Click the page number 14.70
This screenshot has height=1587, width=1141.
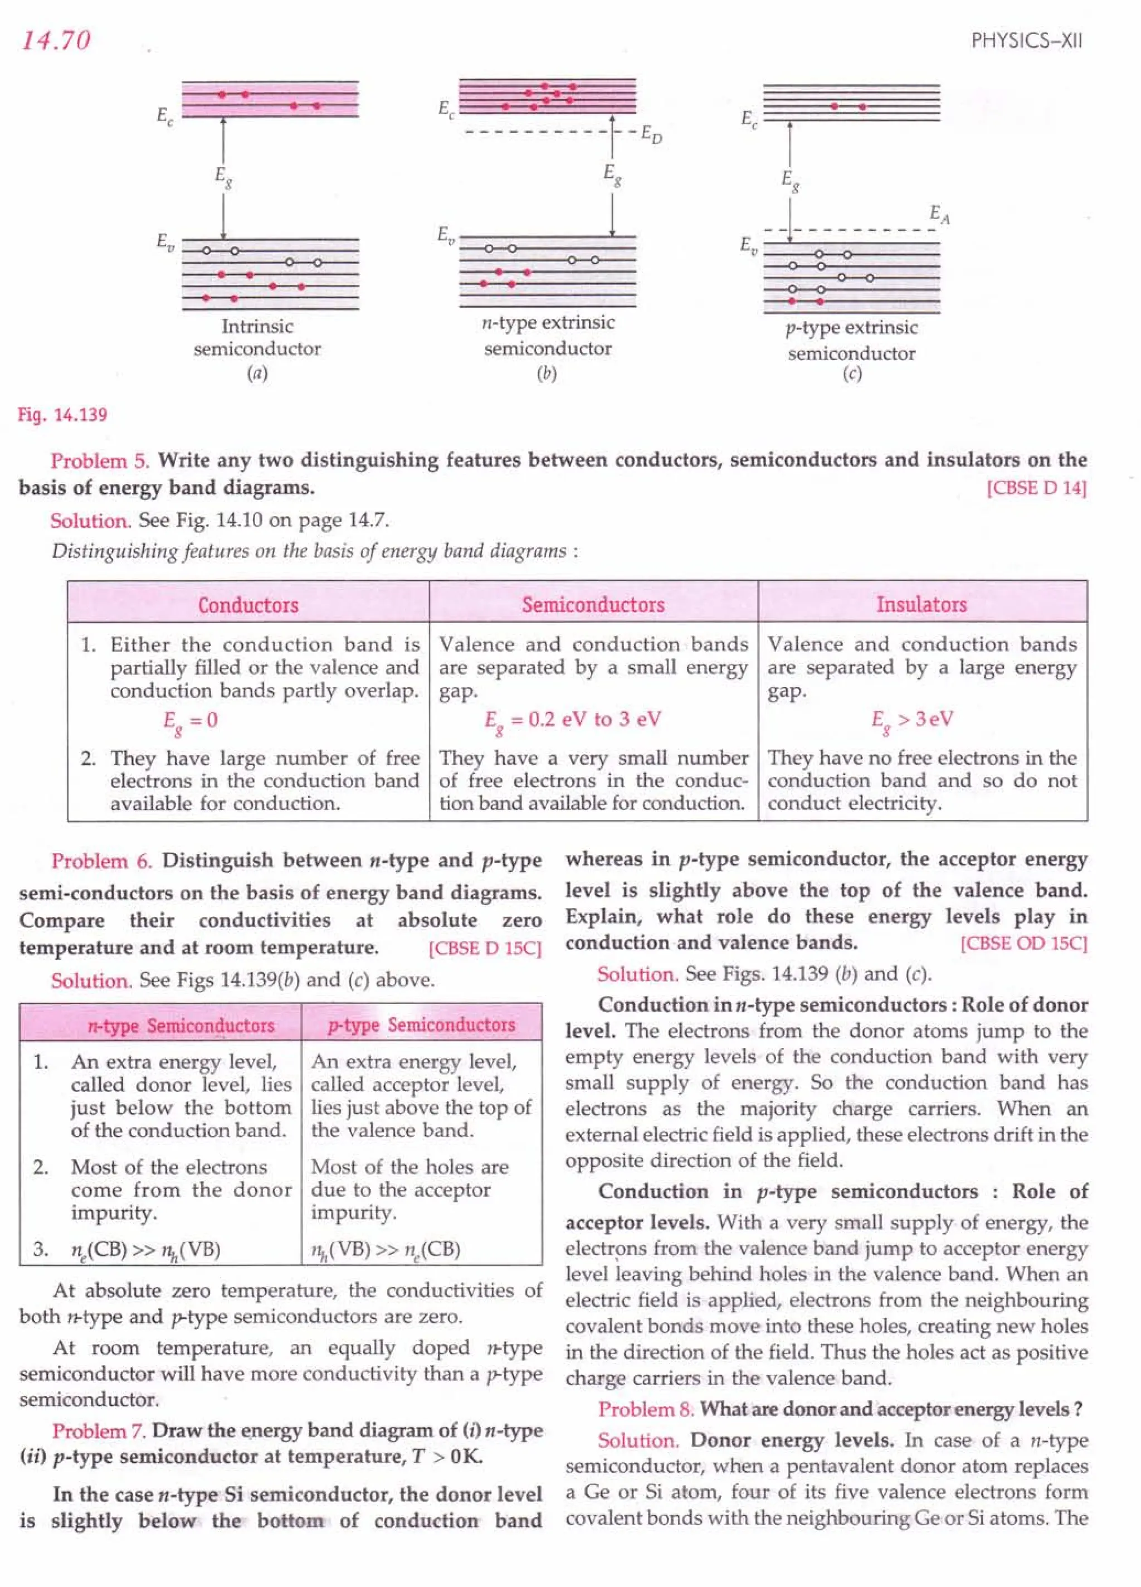click(x=56, y=40)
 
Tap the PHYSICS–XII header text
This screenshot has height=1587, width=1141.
click(x=1026, y=41)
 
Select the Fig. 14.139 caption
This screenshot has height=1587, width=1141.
click(x=63, y=415)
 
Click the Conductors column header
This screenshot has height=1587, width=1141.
click(x=248, y=605)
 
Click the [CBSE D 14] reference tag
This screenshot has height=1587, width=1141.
click(x=1037, y=488)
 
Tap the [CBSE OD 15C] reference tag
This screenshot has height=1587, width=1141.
click(x=1023, y=943)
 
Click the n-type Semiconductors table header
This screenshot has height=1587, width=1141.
click(x=181, y=1025)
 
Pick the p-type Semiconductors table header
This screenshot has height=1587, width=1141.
click(x=421, y=1025)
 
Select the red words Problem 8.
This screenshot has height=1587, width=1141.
click(x=646, y=1409)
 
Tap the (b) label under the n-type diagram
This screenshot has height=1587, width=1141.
click(x=547, y=373)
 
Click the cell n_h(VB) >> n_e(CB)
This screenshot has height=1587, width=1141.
click(x=386, y=1250)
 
